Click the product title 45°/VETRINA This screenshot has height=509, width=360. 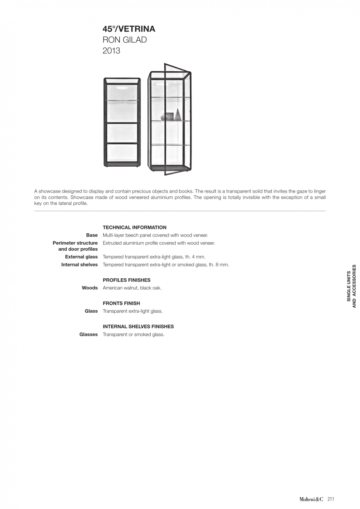click(x=129, y=29)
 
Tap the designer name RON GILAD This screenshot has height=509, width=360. click(x=124, y=40)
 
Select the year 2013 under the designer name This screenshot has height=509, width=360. click(x=111, y=51)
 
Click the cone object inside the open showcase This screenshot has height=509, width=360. click(x=177, y=114)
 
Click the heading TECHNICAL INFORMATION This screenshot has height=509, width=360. click(x=135, y=227)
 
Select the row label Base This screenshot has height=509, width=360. click(x=92, y=235)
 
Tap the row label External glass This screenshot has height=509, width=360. click(x=81, y=257)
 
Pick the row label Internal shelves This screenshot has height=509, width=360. click(x=79, y=265)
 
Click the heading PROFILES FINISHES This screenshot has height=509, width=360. click(x=127, y=280)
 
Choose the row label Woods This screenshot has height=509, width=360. click(x=90, y=288)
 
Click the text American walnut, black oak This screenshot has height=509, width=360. click(x=132, y=288)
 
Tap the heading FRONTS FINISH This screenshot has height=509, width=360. click(x=121, y=303)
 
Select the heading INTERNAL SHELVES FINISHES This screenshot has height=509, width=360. click(x=138, y=327)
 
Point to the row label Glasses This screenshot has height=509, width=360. click(x=88, y=335)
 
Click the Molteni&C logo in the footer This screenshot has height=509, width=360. click(x=312, y=499)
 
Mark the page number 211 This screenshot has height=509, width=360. click(x=331, y=499)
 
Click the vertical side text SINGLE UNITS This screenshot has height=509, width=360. click(x=349, y=286)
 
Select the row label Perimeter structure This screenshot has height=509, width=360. click(x=75, y=243)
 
